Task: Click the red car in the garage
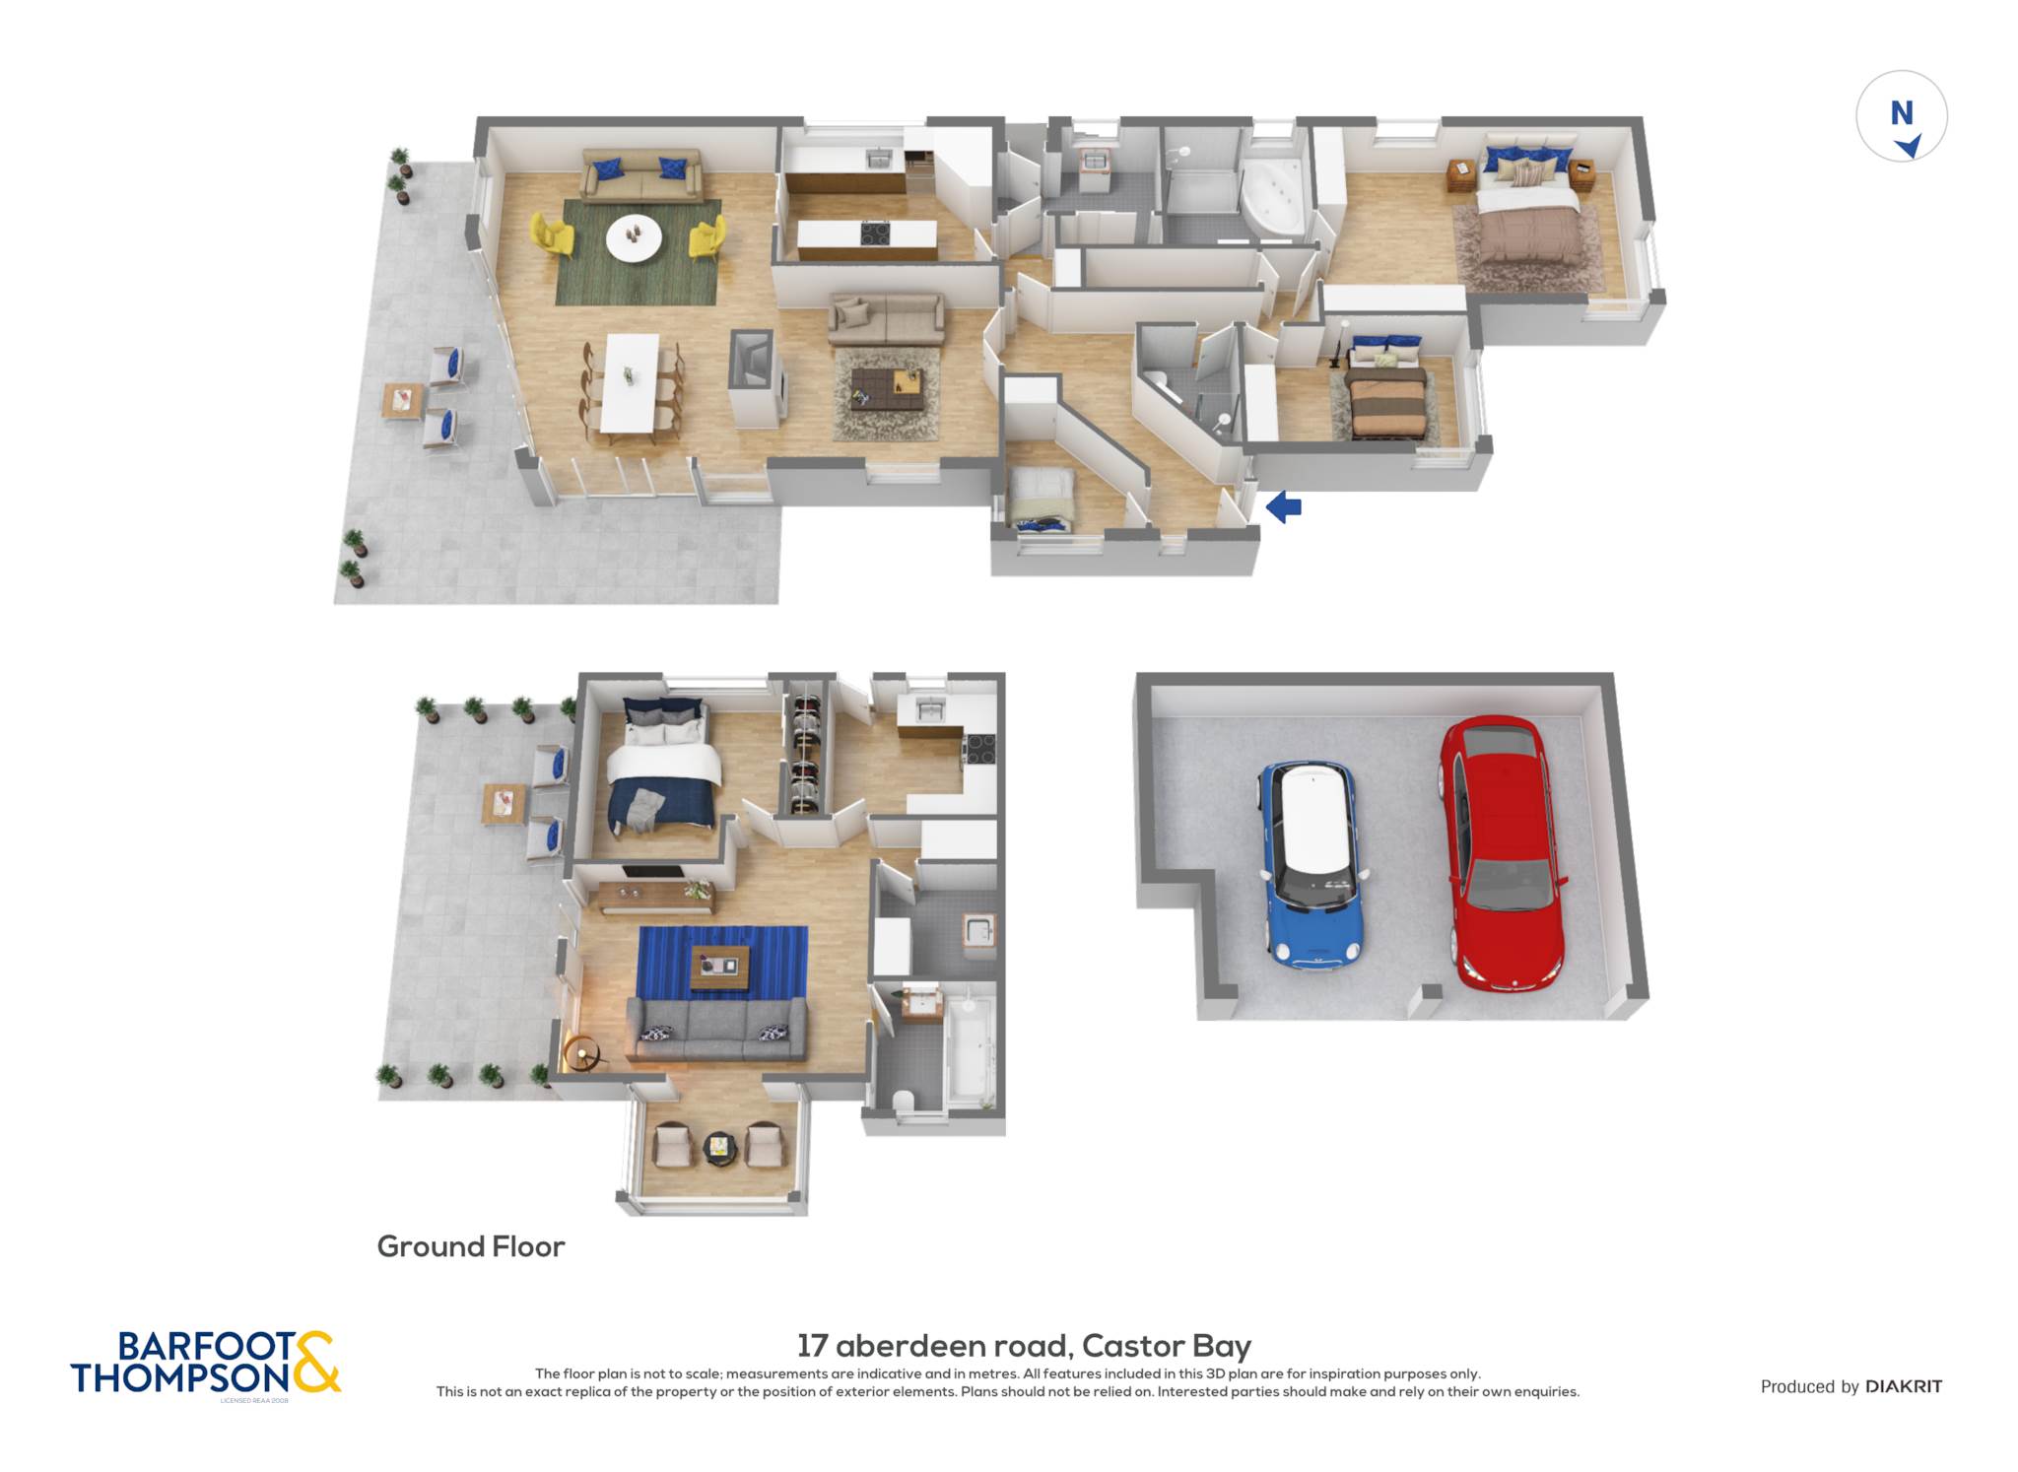pos(1502,852)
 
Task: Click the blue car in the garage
pos(1312,864)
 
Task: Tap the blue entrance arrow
pos(1283,507)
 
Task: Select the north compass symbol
pos(1902,115)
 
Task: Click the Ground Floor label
pos(471,1246)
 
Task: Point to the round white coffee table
pos(634,237)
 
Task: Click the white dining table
pos(631,382)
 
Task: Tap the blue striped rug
pos(722,963)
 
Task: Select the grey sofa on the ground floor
pos(716,1030)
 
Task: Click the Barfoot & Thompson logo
pos(205,1364)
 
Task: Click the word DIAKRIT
pos(1904,1386)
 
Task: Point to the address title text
pos(1024,1345)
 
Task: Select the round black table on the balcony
pos(719,1147)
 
